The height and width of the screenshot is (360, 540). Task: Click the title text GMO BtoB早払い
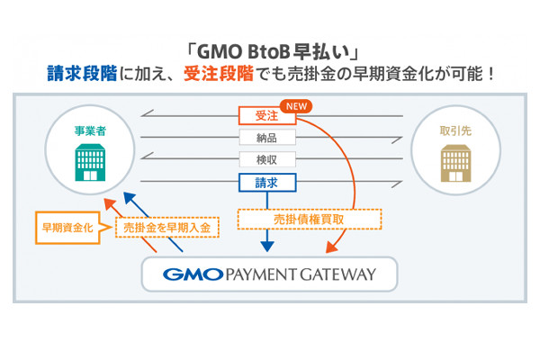(269, 51)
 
